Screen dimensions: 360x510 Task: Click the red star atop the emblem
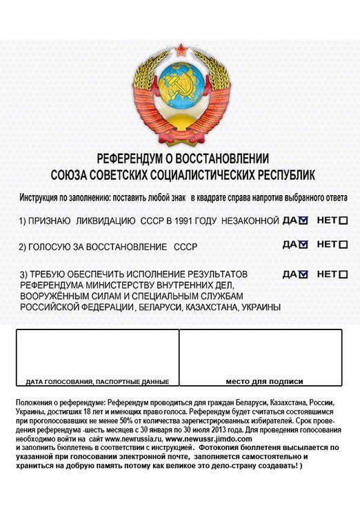(x=181, y=49)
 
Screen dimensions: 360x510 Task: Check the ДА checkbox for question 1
(x=303, y=221)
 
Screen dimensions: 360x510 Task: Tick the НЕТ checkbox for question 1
(x=343, y=221)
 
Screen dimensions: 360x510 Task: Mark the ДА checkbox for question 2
(x=303, y=245)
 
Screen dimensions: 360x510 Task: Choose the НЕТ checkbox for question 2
(x=343, y=245)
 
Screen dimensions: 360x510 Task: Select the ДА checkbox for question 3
(x=303, y=274)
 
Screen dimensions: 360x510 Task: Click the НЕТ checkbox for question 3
(x=343, y=274)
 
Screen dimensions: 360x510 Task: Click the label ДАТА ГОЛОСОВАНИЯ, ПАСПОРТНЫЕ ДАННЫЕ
(x=97, y=381)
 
